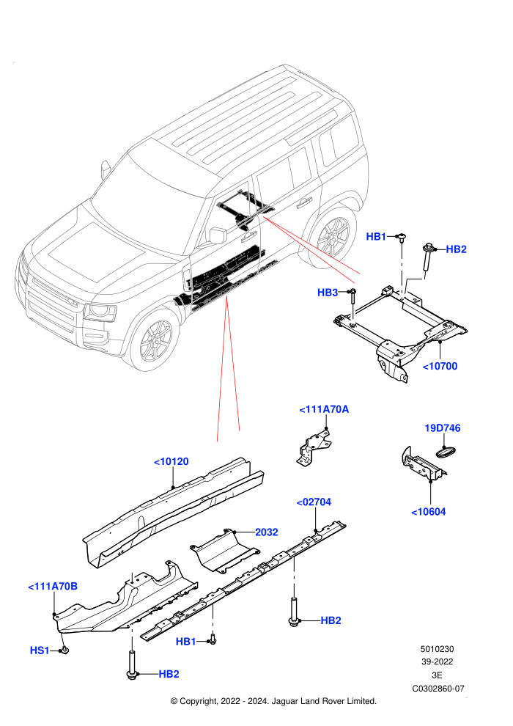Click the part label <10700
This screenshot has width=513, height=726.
pyautogui.click(x=440, y=366)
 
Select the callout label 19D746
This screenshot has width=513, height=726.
pyautogui.click(x=442, y=428)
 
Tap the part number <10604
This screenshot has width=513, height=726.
pyautogui.click(x=428, y=512)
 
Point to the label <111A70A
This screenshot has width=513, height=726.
pyautogui.click(x=324, y=409)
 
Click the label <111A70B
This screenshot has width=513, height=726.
pyautogui.click(x=53, y=587)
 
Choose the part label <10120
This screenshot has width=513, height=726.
pyautogui.click(x=171, y=462)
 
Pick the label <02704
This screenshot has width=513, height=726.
pyautogui.click(x=314, y=502)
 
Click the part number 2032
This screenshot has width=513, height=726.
pyautogui.click(x=267, y=532)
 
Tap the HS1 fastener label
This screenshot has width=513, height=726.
pyautogui.click(x=40, y=650)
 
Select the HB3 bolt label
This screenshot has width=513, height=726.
pyautogui.click(x=328, y=293)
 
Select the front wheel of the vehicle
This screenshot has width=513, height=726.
pyautogui.click(x=154, y=339)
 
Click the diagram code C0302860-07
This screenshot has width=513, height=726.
pyautogui.click(x=438, y=689)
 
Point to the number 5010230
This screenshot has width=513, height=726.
pyautogui.click(x=437, y=649)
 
